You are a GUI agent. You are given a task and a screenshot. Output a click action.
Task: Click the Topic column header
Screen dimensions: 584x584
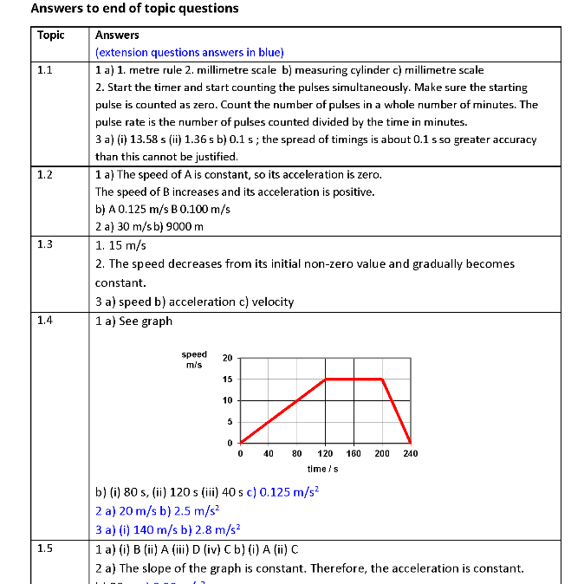coord(51,36)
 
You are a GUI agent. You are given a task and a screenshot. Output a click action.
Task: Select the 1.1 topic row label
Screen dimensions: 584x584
coord(45,70)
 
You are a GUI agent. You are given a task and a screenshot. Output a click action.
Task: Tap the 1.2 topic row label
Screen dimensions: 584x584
coord(45,174)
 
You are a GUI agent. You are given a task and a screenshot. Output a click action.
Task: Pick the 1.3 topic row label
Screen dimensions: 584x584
coord(45,244)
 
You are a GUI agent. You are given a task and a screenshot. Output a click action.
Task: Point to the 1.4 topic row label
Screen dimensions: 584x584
coord(45,321)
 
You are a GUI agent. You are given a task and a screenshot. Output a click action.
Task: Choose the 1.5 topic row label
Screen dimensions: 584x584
coord(45,548)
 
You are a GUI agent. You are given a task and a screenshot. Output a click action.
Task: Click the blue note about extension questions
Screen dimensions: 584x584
coord(190,52)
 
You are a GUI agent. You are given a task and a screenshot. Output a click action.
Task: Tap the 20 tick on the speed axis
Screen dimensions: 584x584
coord(227,358)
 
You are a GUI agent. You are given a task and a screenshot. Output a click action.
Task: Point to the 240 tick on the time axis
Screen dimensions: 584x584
coord(410,453)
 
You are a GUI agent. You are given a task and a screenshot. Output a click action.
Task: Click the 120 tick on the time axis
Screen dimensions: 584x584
coord(325,453)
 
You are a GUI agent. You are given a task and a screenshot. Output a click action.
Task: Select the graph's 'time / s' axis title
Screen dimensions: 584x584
coord(323,469)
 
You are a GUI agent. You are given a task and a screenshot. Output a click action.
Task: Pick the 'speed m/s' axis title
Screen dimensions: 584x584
coord(194,360)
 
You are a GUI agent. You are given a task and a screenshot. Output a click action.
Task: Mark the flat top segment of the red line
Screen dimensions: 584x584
coord(354,379)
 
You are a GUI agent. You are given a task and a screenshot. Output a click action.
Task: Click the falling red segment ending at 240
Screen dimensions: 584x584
coord(397,411)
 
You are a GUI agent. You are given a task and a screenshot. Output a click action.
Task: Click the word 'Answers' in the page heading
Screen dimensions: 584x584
coord(56,9)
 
